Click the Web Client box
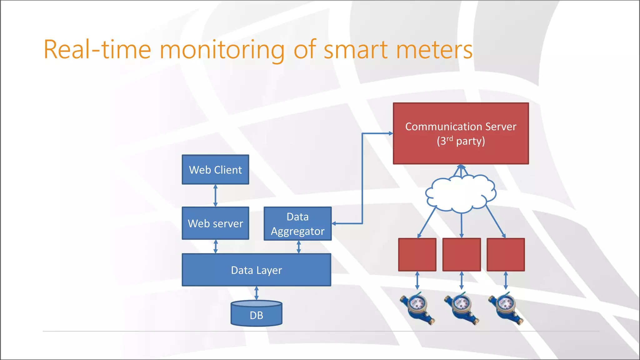[215, 170]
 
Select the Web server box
[215, 223]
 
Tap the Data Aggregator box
[297, 224]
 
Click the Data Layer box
[256, 270]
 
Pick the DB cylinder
[256, 314]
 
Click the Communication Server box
[461, 133]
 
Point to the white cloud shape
[461, 194]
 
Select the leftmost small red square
[417, 255]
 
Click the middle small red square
[462, 255]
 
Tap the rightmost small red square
[506, 255]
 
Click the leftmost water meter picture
[417, 308]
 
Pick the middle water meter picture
[461, 308]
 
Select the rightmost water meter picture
[505, 308]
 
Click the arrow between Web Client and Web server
[215, 196]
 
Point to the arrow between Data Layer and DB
[256, 293]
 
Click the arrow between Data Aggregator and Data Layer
[298, 247]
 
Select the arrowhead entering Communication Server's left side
[390, 133]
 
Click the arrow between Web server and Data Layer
[215, 247]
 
